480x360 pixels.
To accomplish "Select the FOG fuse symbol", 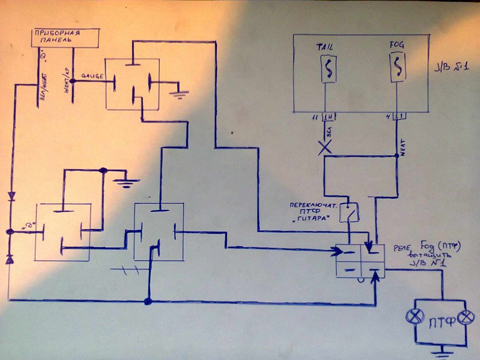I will pyautogui.click(x=398, y=68).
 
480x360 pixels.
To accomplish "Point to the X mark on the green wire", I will pyautogui.click(x=325, y=148).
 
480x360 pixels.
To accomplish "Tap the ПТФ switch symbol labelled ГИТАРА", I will pyautogui.click(x=349, y=212).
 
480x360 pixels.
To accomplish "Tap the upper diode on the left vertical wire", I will pyautogui.click(x=11, y=196).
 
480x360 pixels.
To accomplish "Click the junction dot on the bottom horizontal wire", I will pyautogui.click(x=147, y=301).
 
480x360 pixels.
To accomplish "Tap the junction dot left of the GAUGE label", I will pyautogui.click(x=72, y=81).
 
